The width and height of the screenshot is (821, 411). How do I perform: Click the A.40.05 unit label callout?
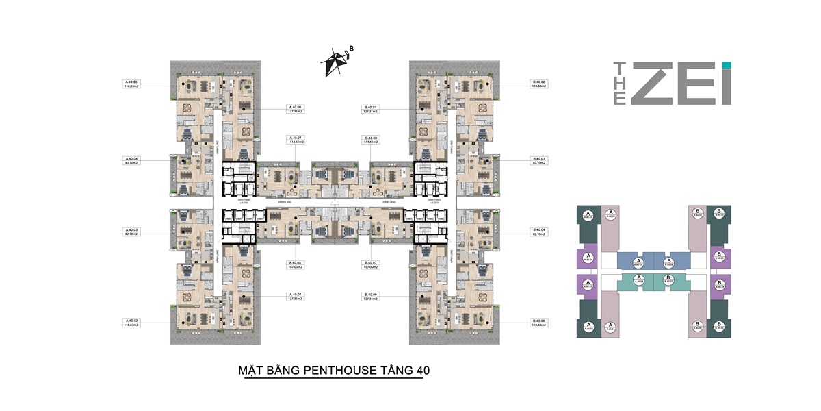click(x=131, y=84)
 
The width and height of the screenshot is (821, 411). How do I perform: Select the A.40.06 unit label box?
click(x=296, y=110)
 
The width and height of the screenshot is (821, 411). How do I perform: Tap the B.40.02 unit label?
click(x=540, y=84)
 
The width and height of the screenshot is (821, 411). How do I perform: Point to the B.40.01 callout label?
click(x=371, y=110)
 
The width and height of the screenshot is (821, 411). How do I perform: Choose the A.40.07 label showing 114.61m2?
click(x=296, y=140)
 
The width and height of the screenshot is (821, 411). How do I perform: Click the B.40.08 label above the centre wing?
click(x=371, y=140)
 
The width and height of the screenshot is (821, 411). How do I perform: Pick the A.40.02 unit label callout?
click(x=131, y=323)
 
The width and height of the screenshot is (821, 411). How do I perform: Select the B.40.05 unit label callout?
click(x=540, y=323)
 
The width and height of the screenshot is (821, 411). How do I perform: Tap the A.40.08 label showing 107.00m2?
click(x=296, y=264)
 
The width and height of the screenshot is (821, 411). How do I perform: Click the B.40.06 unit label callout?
click(x=371, y=297)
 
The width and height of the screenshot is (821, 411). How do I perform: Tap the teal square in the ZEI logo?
click(x=727, y=65)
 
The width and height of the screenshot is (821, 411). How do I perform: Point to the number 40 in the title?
click(x=422, y=371)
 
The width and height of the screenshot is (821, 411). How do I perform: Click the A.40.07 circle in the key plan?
click(x=639, y=260)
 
